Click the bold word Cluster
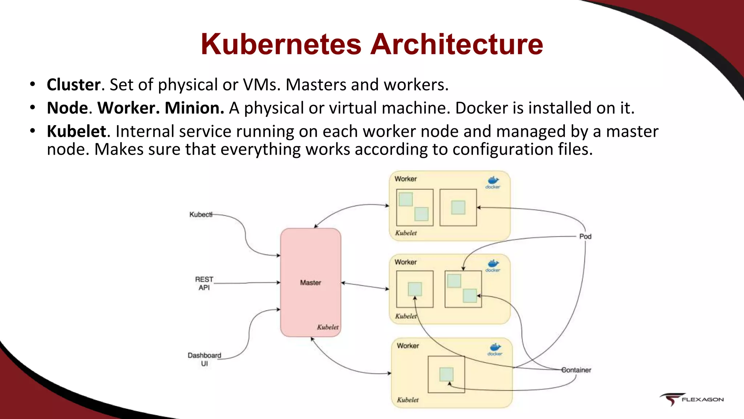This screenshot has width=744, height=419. [x=74, y=85]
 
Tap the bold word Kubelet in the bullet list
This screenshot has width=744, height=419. [x=77, y=131]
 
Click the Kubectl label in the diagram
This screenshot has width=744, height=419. [x=200, y=215]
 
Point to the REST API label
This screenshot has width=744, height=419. [x=204, y=283]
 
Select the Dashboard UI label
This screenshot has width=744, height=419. [x=204, y=359]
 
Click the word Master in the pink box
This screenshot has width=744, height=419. [x=310, y=283]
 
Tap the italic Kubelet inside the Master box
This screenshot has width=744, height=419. [x=328, y=327]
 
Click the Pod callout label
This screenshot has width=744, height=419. [x=585, y=236]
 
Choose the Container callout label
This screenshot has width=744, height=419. [x=577, y=370]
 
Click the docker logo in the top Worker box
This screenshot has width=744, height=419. [x=493, y=182]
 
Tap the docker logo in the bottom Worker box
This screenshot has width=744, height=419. [x=495, y=349]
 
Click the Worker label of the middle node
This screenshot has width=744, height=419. [x=405, y=262]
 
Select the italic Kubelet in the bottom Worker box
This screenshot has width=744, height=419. [x=408, y=400]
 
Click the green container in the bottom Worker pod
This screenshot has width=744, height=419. [x=446, y=374]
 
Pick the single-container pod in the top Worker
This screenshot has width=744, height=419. [x=458, y=207]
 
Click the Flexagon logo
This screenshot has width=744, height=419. [x=691, y=399]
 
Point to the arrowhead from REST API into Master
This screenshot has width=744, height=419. [x=278, y=282]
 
